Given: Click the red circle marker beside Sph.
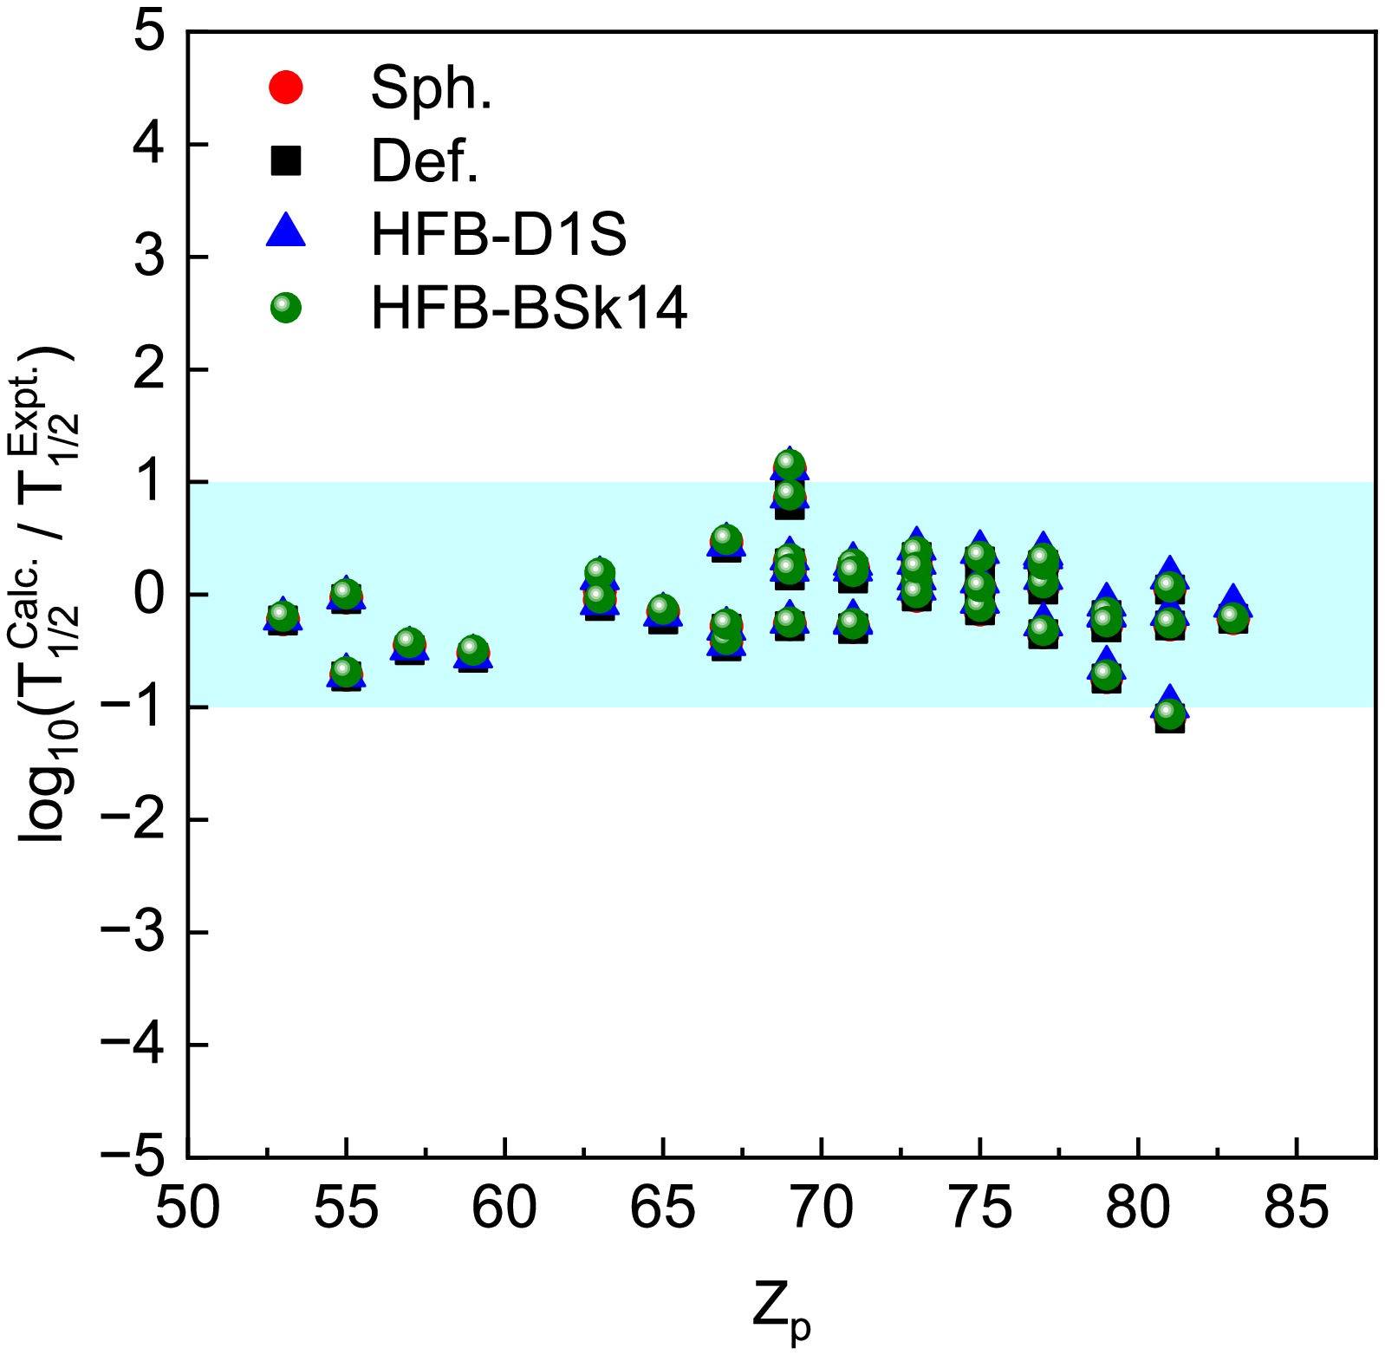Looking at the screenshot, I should click(x=286, y=88).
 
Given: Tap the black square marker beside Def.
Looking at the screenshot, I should click(x=286, y=160).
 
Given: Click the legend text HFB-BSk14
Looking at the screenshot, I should click(x=529, y=308).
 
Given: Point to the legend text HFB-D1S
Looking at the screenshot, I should click(x=498, y=233).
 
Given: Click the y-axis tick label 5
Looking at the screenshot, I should click(x=148, y=33).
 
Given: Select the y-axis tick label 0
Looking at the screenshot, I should click(x=148, y=595).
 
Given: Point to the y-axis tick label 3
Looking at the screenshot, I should click(x=148, y=257).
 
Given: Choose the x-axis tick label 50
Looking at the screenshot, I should click(x=188, y=1208).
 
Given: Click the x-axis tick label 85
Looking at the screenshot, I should click(x=1296, y=1208).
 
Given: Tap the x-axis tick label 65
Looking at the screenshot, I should click(x=663, y=1208).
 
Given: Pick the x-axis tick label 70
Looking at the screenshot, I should click(x=821, y=1208).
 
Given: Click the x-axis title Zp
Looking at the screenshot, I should click(x=781, y=1313).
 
